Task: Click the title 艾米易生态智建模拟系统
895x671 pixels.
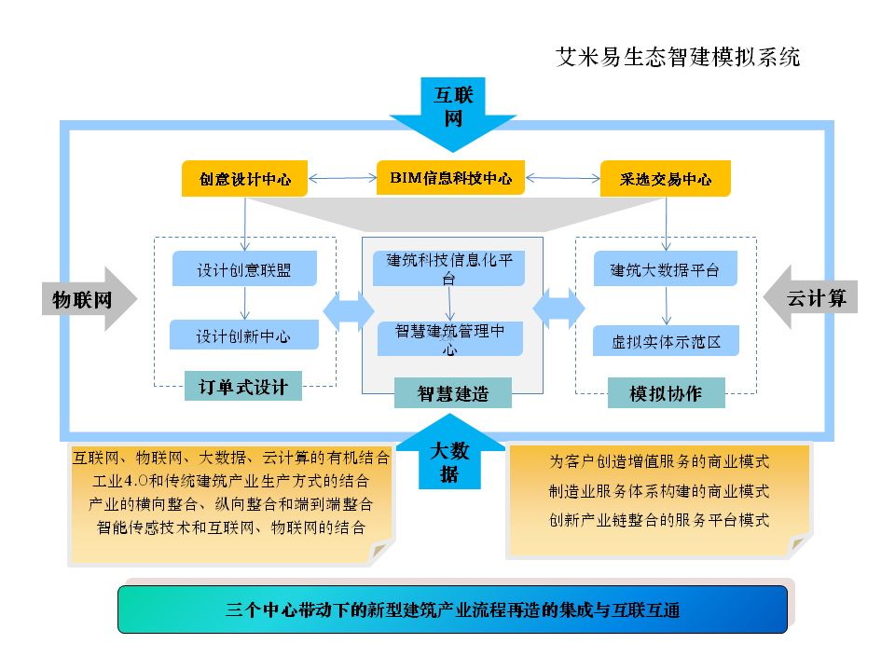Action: click(x=678, y=58)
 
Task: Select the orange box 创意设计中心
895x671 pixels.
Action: click(x=244, y=179)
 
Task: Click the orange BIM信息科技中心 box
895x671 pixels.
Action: click(x=450, y=178)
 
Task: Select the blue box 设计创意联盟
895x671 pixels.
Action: click(x=244, y=270)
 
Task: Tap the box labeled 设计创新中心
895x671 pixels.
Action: click(x=244, y=335)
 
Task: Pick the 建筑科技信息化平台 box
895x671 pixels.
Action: click(x=449, y=267)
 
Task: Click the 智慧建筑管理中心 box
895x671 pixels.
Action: click(x=450, y=338)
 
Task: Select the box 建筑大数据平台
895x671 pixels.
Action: click(x=666, y=270)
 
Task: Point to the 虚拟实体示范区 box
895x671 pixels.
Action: click(x=666, y=341)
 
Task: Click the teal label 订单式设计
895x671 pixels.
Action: click(x=243, y=387)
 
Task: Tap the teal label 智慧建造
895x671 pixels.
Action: click(x=453, y=393)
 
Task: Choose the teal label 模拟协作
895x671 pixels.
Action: click(x=666, y=392)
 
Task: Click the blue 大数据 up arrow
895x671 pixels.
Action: click(x=450, y=457)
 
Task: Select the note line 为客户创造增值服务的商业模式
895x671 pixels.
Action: click(x=659, y=461)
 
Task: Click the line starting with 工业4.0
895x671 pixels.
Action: click(x=231, y=482)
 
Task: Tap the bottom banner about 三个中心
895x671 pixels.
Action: click(x=453, y=611)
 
